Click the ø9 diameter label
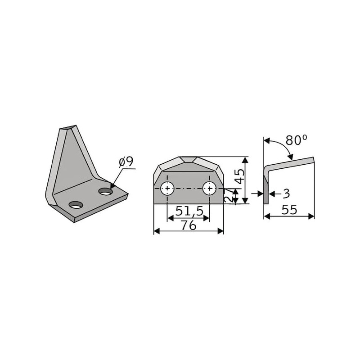pos(126,162)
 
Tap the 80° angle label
pos(296,140)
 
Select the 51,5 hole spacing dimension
pos(189,211)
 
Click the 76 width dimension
pos(189,225)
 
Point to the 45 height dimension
pos(240,176)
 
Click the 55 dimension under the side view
pos(289,210)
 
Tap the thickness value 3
pos(286,193)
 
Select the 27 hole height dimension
pos(229,196)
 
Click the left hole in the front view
pos(167,188)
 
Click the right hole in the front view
pos(209,188)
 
